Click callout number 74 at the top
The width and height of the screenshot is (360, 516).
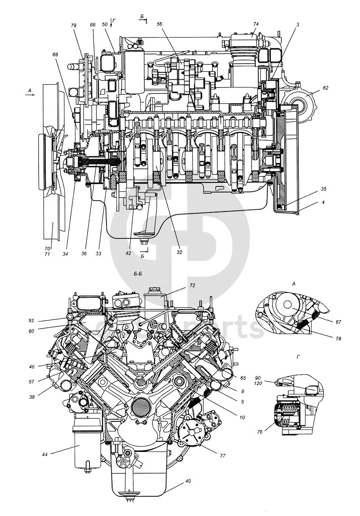click(x=255, y=24)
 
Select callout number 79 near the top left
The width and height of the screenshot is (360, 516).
click(x=74, y=25)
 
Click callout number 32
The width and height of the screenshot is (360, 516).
click(x=179, y=253)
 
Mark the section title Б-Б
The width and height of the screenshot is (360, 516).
click(x=138, y=274)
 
